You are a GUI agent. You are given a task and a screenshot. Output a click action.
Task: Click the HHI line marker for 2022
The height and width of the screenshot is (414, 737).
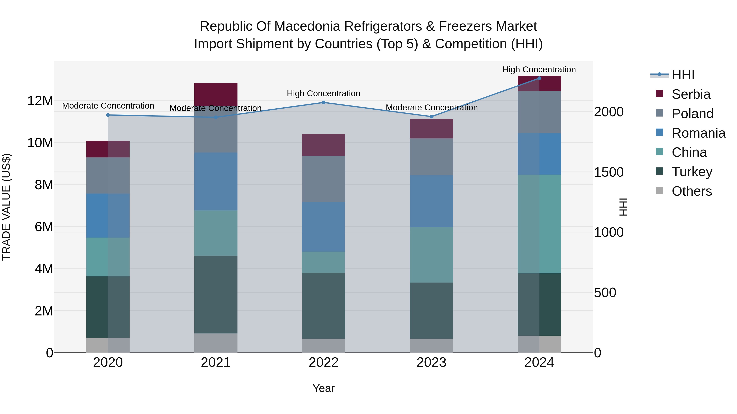(x=324, y=102)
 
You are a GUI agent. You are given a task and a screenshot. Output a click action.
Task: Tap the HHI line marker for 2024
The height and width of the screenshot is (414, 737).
(x=539, y=78)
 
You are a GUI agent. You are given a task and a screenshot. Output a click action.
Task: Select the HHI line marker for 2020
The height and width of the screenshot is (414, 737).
(x=108, y=115)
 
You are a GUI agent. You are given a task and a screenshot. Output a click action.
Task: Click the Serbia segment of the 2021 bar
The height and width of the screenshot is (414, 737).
(x=216, y=94)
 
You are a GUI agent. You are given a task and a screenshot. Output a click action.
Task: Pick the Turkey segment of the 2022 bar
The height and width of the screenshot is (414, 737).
(x=324, y=306)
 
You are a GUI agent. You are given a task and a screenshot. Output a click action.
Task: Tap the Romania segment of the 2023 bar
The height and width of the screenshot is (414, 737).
(x=431, y=201)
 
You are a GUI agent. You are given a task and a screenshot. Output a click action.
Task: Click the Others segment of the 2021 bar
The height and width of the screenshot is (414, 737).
(x=216, y=343)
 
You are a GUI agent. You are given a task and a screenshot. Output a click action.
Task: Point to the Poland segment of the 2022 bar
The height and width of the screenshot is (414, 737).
(x=324, y=179)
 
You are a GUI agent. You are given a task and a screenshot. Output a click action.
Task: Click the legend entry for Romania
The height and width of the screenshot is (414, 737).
(x=698, y=133)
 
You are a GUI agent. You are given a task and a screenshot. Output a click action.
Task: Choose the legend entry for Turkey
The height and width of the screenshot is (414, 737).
(x=692, y=172)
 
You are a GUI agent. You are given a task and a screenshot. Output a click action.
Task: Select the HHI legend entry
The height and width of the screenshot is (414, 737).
(x=683, y=75)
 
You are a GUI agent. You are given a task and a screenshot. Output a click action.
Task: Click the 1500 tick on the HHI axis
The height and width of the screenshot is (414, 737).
(x=609, y=172)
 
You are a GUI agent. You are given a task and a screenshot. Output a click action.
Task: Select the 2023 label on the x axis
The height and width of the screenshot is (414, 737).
(x=431, y=362)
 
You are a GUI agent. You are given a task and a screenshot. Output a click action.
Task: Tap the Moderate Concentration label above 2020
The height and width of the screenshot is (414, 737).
(x=108, y=106)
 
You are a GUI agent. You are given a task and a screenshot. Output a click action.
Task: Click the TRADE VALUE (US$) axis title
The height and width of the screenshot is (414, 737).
(x=6, y=207)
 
